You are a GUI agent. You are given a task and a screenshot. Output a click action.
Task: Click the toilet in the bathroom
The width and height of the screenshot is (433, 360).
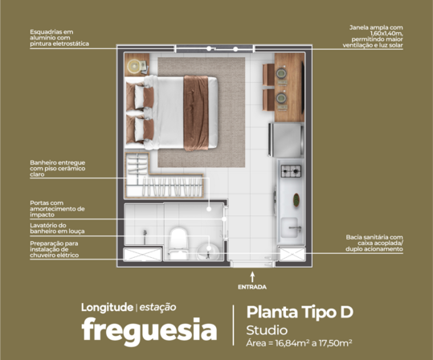178,239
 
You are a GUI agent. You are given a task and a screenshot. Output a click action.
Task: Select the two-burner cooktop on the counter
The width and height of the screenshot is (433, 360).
290,170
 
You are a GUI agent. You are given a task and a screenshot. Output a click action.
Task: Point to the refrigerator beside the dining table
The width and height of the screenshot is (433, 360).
288,138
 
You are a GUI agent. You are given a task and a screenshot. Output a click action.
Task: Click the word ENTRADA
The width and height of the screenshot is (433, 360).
251,287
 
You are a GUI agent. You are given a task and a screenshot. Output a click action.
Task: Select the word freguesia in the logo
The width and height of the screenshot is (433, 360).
149,330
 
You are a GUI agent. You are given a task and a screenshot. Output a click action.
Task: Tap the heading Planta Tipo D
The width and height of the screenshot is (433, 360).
299,312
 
